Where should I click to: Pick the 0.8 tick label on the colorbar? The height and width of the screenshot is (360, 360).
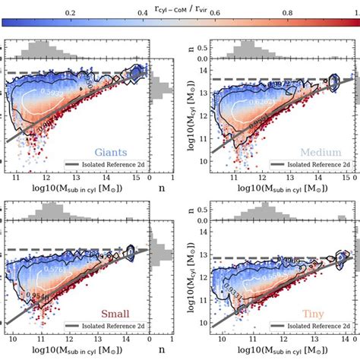click(x=288, y=14)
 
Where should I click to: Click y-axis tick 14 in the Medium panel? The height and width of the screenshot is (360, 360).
click(x=204, y=70)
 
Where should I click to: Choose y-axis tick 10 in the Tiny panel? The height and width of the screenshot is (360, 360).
click(x=204, y=323)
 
